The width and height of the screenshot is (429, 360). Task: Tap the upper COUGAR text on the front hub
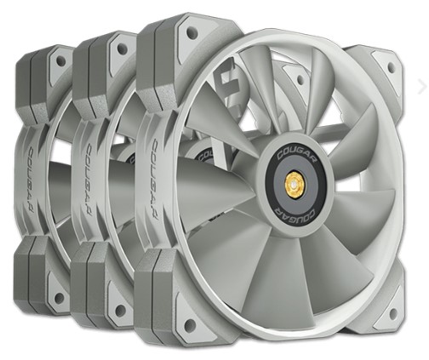(x=295, y=157)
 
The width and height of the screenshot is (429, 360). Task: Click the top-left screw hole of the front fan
(x=192, y=31)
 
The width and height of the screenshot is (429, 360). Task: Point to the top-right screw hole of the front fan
(x=392, y=67)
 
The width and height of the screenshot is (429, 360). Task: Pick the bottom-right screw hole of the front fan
(x=393, y=313)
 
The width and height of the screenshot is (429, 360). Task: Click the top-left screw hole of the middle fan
(x=123, y=49)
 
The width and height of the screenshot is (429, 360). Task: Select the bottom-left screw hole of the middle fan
(x=120, y=310)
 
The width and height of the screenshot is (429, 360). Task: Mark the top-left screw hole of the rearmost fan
(x=60, y=60)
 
